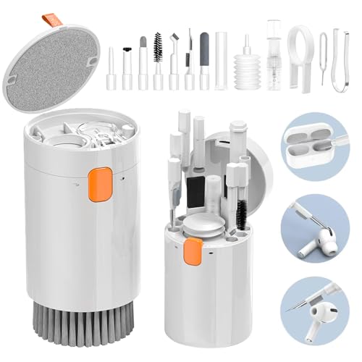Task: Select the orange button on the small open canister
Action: pyautogui.click(x=191, y=252)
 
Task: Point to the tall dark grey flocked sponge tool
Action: pyautogui.click(x=204, y=62)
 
